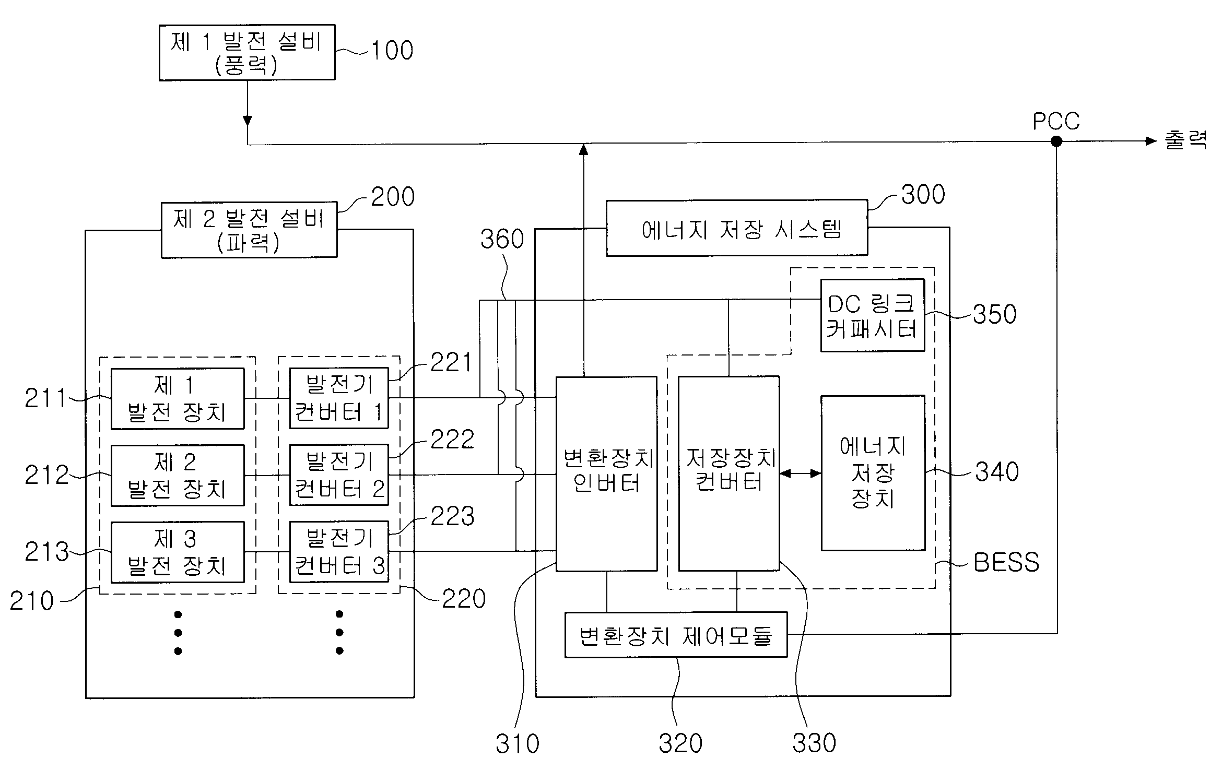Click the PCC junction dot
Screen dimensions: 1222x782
pyautogui.click(x=1056, y=141)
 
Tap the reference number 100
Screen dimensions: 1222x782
pyautogui.click(x=392, y=51)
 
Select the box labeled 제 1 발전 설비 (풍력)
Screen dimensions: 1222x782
pyautogui.click(x=247, y=52)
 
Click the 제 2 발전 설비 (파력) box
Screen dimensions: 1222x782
pyautogui.click(x=249, y=230)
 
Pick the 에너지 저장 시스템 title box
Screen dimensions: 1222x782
pyautogui.click(x=737, y=228)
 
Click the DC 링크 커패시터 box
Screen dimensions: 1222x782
pyautogui.click(x=873, y=315)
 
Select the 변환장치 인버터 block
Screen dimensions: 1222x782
pyautogui.click(x=606, y=473)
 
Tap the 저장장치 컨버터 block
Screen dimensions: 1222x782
pyautogui.click(x=729, y=473)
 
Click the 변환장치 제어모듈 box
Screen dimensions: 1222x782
pyautogui.click(x=676, y=635)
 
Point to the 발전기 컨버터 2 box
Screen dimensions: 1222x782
pyautogui.click(x=339, y=475)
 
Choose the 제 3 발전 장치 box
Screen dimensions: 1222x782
pyautogui.click(x=178, y=552)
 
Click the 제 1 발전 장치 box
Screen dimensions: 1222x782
pyautogui.click(x=178, y=399)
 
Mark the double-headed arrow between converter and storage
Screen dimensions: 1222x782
pyautogui.click(x=801, y=473)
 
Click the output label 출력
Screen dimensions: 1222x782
pyautogui.click(x=1185, y=140)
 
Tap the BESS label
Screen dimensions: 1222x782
pyautogui.click(x=1006, y=563)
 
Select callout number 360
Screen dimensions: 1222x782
pyautogui.click(x=502, y=239)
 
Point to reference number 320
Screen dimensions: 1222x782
pyautogui.click(x=680, y=743)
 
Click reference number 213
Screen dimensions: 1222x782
pyautogui.click(x=47, y=552)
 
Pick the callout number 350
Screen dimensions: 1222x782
pyautogui.click(x=995, y=314)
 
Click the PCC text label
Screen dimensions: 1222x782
pyautogui.click(x=1056, y=121)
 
